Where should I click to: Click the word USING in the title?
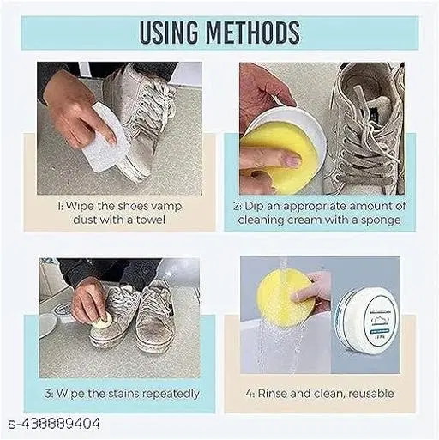pos(169,32)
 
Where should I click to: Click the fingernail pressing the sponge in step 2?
pos(292,160)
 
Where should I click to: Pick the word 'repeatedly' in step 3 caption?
pos(171,394)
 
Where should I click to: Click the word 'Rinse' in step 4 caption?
pos(273,394)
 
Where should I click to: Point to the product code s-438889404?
pos(54,424)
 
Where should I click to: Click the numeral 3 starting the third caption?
pos(49,394)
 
